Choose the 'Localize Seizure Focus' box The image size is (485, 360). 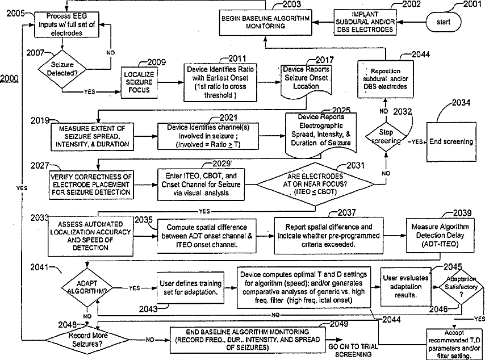click(x=139, y=81)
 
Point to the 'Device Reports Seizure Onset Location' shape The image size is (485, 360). click(x=307, y=78)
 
